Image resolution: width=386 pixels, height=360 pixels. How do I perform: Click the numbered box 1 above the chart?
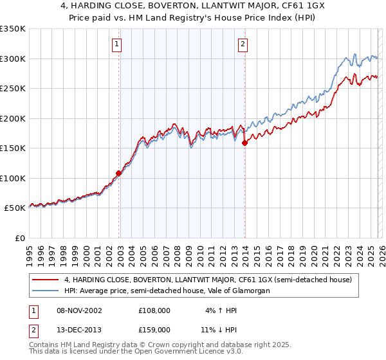116,44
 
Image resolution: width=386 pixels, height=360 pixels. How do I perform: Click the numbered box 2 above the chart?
243,44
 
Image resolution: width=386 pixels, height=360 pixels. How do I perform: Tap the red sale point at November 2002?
119,173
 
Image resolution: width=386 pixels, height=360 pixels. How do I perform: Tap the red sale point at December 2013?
245,143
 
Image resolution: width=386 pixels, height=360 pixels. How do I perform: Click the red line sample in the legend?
46,280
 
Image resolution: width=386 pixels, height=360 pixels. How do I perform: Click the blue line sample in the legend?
46,291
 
